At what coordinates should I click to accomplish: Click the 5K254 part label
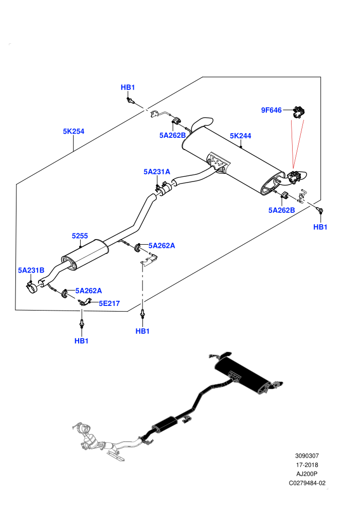(74, 131)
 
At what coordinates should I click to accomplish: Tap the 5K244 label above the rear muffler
(241, 136)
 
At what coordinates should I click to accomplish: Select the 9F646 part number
(272, 110)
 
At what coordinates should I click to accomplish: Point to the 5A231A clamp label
(157, 171)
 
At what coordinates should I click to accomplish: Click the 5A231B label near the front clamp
(31, 270)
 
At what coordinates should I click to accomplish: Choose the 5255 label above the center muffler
(80, 235)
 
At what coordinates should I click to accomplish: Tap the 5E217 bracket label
(110, 303)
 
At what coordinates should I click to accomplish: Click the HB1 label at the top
(128, 87)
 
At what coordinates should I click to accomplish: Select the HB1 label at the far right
(320, 227)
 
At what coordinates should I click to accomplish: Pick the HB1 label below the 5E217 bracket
(81, 341)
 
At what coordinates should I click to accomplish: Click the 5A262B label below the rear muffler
(282, 210)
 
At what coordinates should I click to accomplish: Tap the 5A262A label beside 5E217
(88, 290)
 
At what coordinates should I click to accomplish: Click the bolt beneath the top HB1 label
(130, 100)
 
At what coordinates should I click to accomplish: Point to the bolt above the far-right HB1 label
(320, 210)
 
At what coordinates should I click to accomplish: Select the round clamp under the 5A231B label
(32, 287)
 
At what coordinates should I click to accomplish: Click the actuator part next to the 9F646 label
(299, 112)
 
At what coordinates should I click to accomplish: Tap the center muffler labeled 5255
(85, 254)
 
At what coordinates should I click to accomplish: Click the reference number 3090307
(307, 456)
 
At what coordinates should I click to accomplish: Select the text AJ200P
(307, 474)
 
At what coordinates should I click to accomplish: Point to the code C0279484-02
(307, 483)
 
